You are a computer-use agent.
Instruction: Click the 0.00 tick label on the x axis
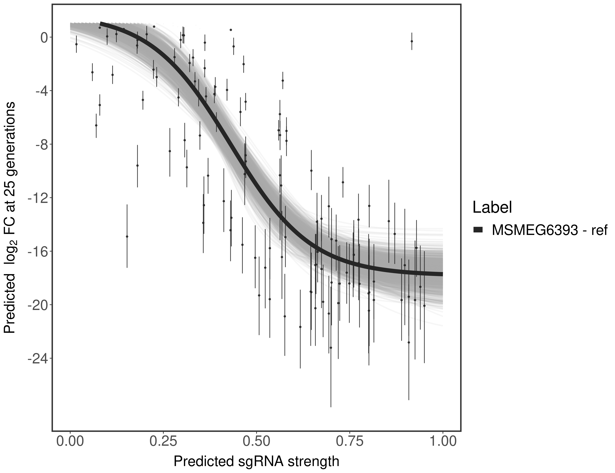[70, 441]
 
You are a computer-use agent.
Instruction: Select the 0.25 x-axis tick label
[163, 441]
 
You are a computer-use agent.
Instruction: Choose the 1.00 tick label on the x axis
[443, 441]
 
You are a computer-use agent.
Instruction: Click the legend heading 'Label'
[492, 207]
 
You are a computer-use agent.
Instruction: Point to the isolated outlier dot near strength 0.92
[412, 41]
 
